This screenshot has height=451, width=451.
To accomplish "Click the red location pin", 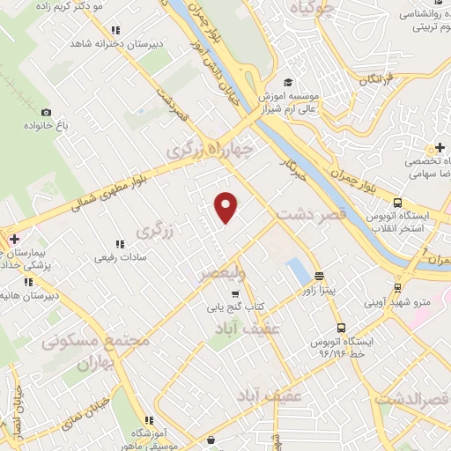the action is click(226, 207).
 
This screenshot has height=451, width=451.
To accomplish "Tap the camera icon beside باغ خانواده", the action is click(46, 113).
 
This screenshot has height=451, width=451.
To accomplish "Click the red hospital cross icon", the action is click(14, 239).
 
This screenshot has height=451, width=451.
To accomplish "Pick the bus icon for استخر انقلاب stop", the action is click(398, 200).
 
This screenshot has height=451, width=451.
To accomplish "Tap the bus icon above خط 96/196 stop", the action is click(341, 326).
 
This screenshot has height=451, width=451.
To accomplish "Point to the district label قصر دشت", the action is click(309, 213).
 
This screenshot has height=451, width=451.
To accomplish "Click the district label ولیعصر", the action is click(231, 275).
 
